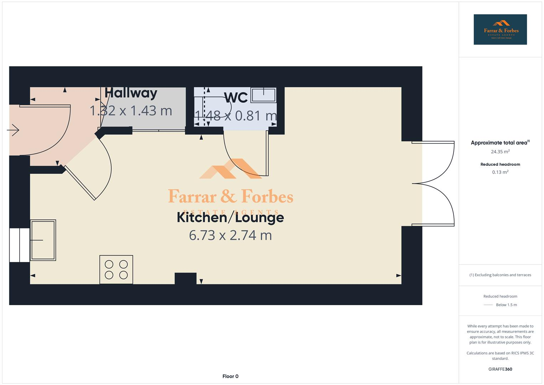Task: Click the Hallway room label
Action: (x=131, y=93)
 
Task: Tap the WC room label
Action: (x=236, y=98)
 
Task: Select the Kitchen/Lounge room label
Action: (x=230, y=217)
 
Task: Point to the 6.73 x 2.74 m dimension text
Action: (x=230, y=235)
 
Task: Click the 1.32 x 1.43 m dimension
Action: (x=131, y=111)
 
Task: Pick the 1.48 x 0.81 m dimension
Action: (x=235, y=115)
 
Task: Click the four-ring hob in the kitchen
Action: (x=116, y=269)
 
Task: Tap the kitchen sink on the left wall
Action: (x=43, y=240)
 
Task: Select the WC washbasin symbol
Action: (x=263, y=95)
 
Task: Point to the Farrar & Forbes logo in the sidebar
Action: (x=500, y=30)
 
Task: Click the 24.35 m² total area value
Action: (x=500, y=152)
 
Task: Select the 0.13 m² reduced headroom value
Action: (x=500, y=172)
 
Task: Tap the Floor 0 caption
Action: (x=230, y=376)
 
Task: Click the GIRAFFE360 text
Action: (x=500, y=369)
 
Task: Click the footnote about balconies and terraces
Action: (x=500, y=275)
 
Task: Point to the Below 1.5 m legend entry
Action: (x=506, y=305)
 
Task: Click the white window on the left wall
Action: (x=19, y=245)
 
